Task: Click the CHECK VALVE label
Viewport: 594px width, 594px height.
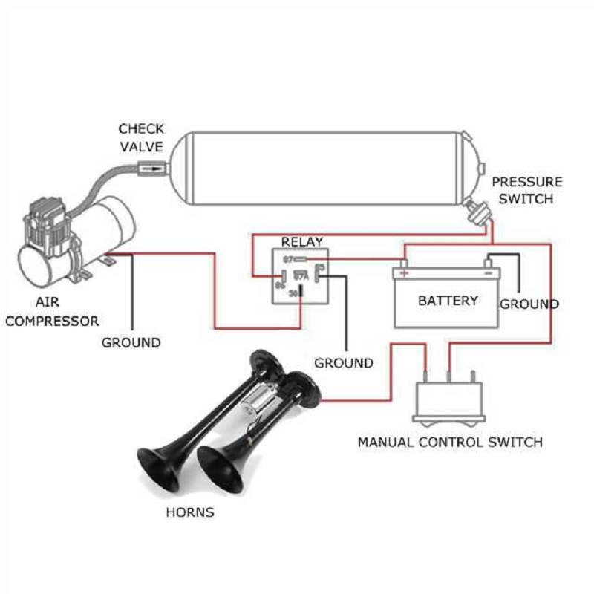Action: coord(141,137)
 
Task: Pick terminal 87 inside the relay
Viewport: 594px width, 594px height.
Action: coord(289,259)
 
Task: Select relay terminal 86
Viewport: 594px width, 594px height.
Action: coord(281,284)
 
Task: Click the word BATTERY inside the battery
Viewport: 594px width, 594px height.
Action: coord(448,301)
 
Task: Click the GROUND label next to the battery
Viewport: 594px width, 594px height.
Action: coord(529,304)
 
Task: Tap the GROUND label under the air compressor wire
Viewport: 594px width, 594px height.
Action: coord(131,342)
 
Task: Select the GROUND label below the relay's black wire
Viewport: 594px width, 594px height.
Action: coord(344,363)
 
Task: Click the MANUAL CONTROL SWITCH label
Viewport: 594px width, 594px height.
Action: coord(450,442)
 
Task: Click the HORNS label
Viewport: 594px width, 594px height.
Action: coord(190,512)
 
